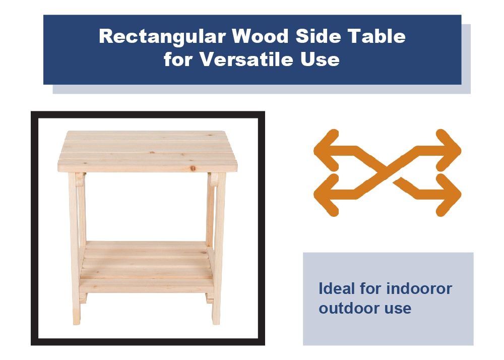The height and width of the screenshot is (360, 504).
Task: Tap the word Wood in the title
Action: pos(260,36)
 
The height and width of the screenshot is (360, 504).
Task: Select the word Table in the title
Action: pos(376,36)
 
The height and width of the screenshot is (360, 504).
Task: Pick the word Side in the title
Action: pos(318,36)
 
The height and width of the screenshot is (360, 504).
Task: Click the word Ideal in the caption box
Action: pos(337,288)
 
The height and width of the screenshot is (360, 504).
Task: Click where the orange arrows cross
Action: pos(387,172)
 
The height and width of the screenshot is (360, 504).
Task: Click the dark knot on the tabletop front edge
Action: pos(193,168)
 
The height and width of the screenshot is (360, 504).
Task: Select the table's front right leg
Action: pos(219,248)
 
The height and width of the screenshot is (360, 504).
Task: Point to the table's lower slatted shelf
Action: pos(146,267)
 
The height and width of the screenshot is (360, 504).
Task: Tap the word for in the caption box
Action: pos(369,288)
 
